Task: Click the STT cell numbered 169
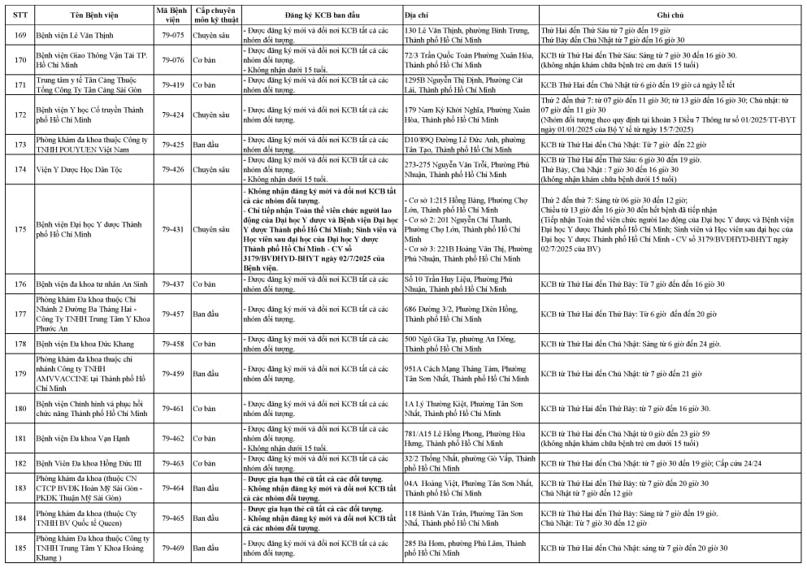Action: pos(17,35)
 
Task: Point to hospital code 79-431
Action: pos(172,230)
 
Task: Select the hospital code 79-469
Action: pos(172,548)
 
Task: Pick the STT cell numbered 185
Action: pos(17,548)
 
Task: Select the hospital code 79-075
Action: pos(172,35)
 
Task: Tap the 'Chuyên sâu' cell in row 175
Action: pos(210,230)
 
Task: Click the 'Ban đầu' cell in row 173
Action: pos(206,145)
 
